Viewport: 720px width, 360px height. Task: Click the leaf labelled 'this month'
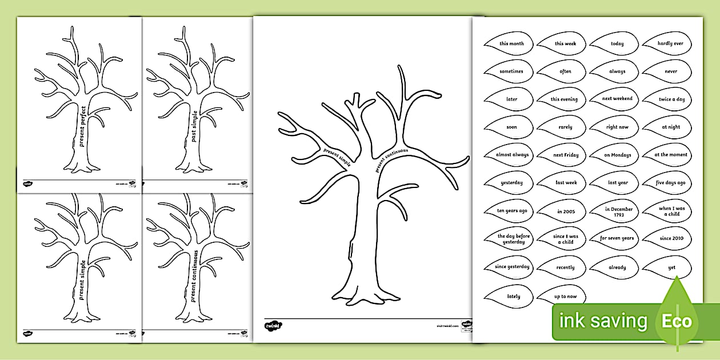pyautogui.click(x=511, y=43)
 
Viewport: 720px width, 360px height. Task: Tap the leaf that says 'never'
pyautogui.click(x=670, y=71)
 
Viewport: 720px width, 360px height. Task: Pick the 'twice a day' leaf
pyautogui.click(x=671, y=99)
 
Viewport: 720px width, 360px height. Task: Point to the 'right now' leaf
pyautogui.click(x=617, y=127)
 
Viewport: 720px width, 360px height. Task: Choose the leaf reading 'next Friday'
pyautogui.click(x=565, y=155)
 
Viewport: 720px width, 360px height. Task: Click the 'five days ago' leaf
pyautogui.click(x=670, y=183)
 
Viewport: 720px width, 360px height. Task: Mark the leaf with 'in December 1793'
pyautogui.click(x=618, y=211)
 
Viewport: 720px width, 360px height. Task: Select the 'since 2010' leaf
pyautogui.click(x=670, y=238)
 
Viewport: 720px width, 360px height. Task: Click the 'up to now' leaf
pyautogui.click(x=565, y=296)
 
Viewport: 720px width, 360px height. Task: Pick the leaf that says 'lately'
pyautogui.click(x=513, y=296)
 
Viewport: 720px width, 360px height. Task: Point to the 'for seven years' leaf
pyautogui.click(x=617, y=238)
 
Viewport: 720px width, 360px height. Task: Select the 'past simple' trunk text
pyautogui.click(x=194, y=126)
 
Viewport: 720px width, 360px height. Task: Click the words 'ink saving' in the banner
pyautogui.click(x=603, y=321)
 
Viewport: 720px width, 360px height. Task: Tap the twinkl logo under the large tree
pyautogui.click(x=273, y=326)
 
